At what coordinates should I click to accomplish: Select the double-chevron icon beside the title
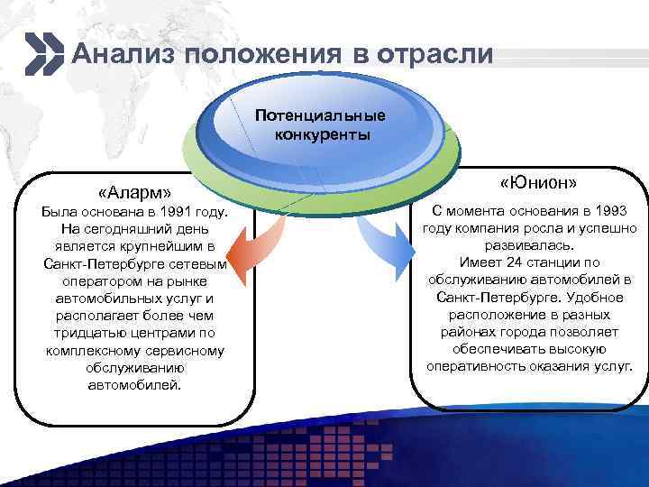[x=44, y=53]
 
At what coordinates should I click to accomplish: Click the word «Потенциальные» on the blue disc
[x=320, y=116]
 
